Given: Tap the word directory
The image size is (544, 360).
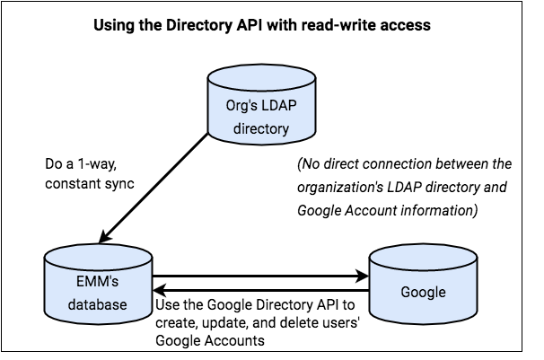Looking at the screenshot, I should (x=261, y=128).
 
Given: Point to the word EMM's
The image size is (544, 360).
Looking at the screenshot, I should (x=98, y=282).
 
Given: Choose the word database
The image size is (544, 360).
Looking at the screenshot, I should (x=98, y=304).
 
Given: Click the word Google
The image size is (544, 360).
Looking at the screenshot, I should (x=423, y=293).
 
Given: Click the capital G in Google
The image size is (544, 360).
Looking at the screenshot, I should (x=406, y=293).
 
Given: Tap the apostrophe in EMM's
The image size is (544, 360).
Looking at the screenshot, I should (x=112, y=278).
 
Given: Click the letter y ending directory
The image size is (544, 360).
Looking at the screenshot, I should (x=285, y=130).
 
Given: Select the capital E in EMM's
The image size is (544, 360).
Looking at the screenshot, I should (x=81, y=282).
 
